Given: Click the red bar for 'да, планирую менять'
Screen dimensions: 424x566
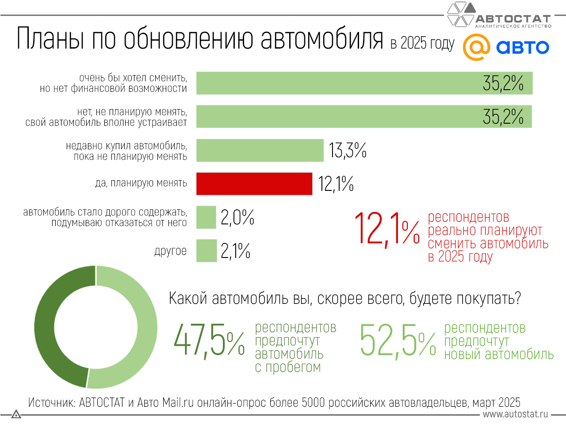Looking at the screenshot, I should click(x=254, y=184).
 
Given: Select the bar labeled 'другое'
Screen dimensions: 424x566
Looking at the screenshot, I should click(x=207, y=251).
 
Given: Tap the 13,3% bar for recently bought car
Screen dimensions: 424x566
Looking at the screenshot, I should click(x=260, y=150).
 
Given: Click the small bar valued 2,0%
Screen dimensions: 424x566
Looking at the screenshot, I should click(x=206, y=217).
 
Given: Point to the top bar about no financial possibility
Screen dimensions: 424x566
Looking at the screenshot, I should click(x=364, y=83).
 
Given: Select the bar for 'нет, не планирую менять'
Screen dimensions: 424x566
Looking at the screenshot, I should click(x=364, y=117).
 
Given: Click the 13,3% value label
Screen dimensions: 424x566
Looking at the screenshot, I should click(x=348, y=150).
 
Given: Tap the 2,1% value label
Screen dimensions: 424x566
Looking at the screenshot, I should click(x=235, y=251).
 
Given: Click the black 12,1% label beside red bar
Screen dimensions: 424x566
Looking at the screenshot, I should click(x=336, y=184).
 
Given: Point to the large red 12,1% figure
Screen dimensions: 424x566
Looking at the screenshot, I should click(x=387, y=229).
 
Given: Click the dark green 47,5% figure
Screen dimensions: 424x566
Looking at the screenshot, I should click(x=209, y=340).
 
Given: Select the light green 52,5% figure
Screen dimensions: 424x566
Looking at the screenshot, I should click(x=398, y=340).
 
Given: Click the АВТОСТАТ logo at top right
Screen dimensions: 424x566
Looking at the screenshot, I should click(x=500, y=16).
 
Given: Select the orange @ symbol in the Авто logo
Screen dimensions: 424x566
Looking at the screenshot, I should click(x=476, y=47).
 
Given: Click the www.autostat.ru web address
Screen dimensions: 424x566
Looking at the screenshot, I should click(x=515, y=414).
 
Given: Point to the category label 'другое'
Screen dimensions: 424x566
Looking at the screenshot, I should click(x=170, y=251).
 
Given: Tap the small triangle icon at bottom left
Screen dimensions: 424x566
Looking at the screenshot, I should click(x=16, y=414).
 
